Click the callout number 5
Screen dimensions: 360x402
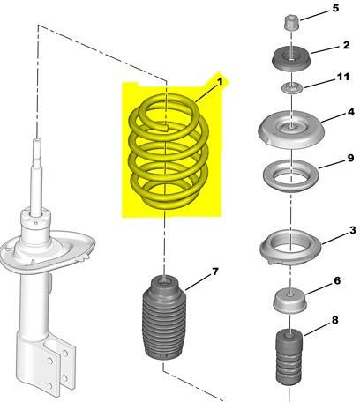[335, 8]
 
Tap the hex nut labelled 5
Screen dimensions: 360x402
[292, 23]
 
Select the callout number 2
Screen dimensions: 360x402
[346, 45]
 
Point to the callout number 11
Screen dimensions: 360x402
[343, 77]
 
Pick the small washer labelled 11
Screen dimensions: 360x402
[291, 88]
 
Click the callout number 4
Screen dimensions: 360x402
[351, 112]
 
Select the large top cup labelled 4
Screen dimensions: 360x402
[291, 130]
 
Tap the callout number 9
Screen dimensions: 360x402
[350, 158]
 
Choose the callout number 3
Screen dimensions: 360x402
[353, 230]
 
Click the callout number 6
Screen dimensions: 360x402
[337, 280]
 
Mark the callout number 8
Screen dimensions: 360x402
[335, 320]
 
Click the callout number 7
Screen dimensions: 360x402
[215, 272]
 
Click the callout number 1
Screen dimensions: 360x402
[220, 82]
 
